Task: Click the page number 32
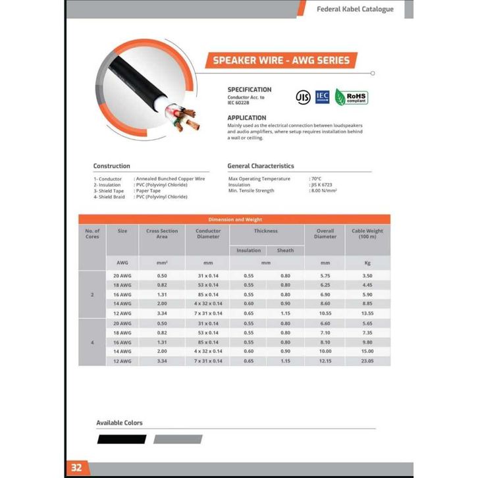[76, 467]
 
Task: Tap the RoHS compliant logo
[351, 97]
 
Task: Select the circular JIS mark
[303, 97]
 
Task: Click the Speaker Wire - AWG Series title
[281, 61]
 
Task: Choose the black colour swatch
[121, 439]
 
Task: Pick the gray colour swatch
[178, 439]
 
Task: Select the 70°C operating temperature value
[317, 178]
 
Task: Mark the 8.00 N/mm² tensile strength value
[324, 191]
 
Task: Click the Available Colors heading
[119, 423]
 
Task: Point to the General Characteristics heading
[261, 166]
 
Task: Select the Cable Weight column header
[367, 234]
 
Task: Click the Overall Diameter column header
[325, 234]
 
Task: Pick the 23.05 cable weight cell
[367, 361]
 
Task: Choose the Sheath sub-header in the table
[285, 250]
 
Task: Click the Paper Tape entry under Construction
[147, 191]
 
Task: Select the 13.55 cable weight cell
[367, 313]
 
